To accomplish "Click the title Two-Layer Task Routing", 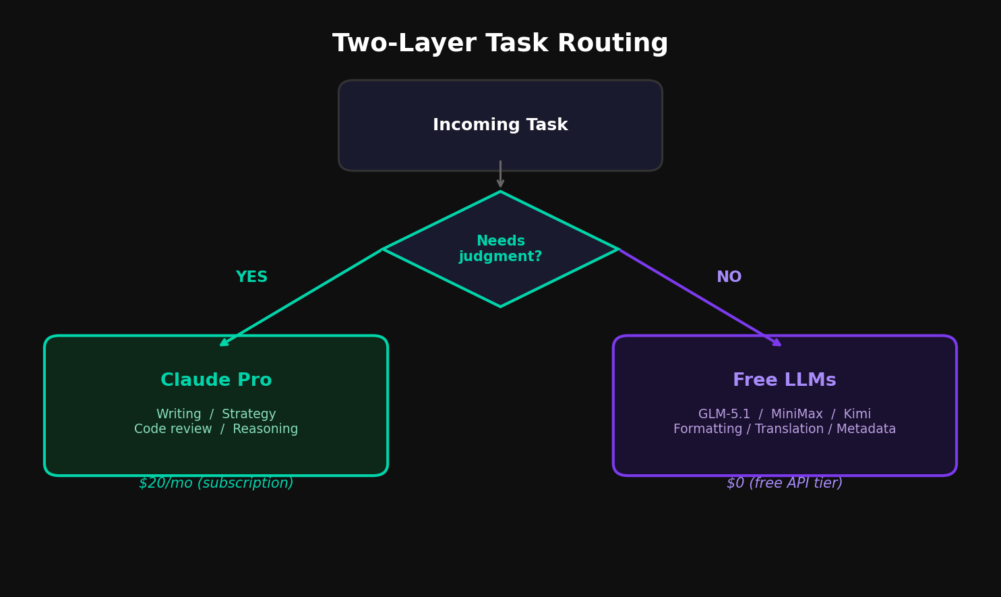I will pyautogui.click(x=500, y=44).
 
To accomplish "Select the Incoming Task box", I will pyautogui.click(x=500, y=125).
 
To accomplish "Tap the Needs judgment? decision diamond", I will pyautogui.click(x=500, y=249).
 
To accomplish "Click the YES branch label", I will pyautogui.click(x=251, y=277).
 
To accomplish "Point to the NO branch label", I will pyautogui.click(x=729, y=277).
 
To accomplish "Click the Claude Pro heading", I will pyautogui.click(x=216, y=380).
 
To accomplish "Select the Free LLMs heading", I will pyautogui.click(x=784, y=380).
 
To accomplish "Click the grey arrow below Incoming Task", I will pyautogui.click(x=500, y=174).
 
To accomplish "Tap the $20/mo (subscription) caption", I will pyautogui.click(x=216, y=483).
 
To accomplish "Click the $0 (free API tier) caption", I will pyautogui.click(x=784, y=483).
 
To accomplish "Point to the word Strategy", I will pyautogui.click(x=249, y=414).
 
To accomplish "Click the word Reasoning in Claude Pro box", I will pyautogui.click(x=265, y=429).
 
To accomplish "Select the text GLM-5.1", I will pyautogui.click(x=724, y=414).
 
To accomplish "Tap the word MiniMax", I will pyautogui.click(x=797, y=414).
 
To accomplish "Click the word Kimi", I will pyautogui.click(x=856, y=414).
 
